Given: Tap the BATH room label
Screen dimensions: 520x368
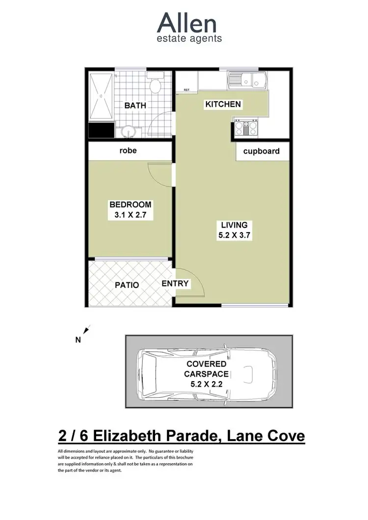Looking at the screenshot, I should (134, 105).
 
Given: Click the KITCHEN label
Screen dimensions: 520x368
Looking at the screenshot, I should (223, 104).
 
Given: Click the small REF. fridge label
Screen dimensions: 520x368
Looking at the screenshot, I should (186, 90).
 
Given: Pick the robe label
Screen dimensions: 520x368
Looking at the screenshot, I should (128, 151).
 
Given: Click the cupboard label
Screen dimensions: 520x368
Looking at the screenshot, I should (262, 151).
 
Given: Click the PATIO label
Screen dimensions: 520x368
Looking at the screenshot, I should (127, 285).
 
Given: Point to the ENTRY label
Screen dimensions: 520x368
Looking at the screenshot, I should (176, 284).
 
